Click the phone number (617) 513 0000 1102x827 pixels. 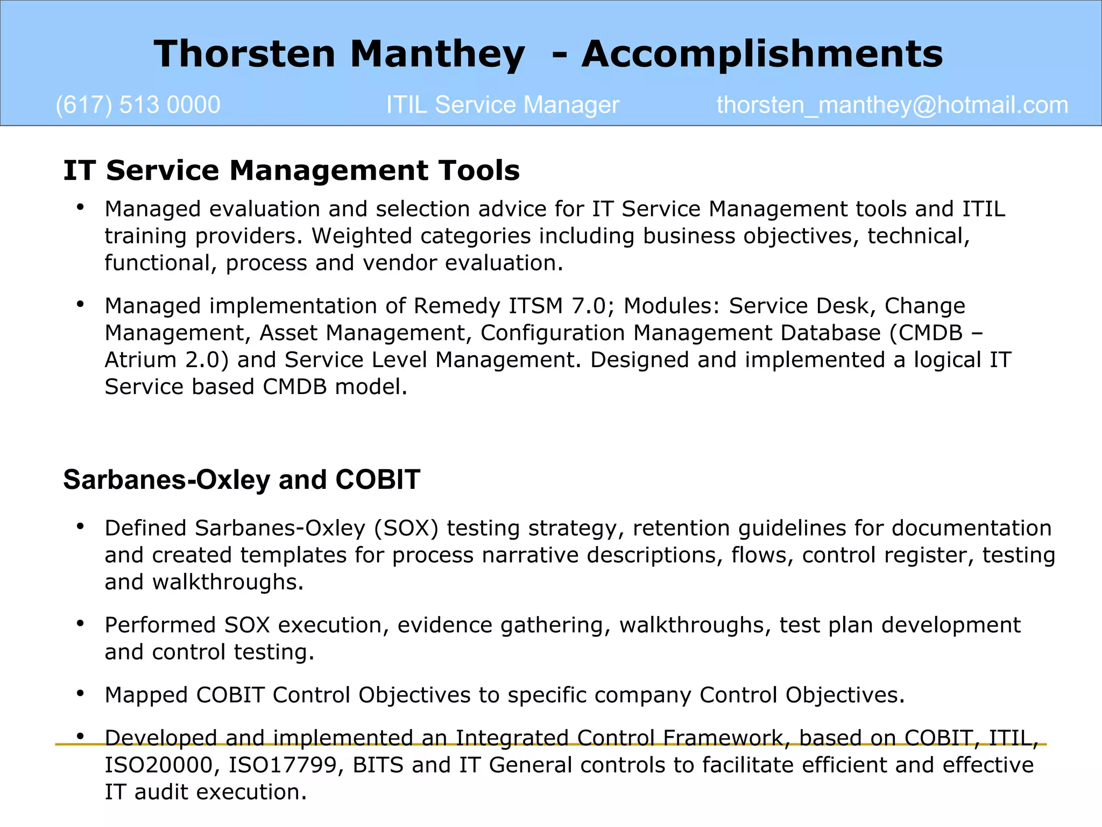(x=138, y=105)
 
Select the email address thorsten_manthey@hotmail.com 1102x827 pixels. (x=892, y=105)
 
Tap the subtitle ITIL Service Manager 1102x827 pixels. (x=503, y=105)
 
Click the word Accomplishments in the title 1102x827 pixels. (x=762, y=54)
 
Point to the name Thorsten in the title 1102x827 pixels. (x=245, y=54)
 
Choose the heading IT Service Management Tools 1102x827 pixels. (x=291, y=170)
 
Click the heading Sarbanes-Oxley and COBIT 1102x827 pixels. (x=242, y=479)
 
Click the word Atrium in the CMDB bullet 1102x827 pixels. (x=140, y=360)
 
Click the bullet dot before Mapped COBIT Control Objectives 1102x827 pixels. (x=80, y=693)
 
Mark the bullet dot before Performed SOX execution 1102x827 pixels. (x=80, y=623)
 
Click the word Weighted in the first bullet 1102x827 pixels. (x=363, y=236)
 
